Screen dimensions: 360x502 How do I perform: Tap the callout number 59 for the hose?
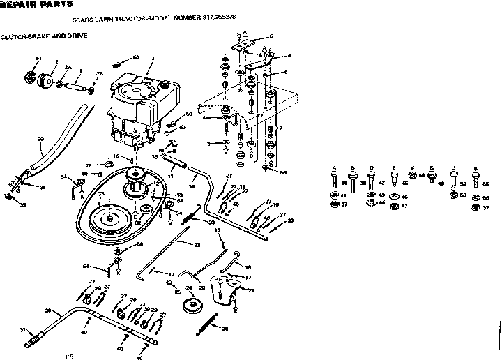(x=40, y=140)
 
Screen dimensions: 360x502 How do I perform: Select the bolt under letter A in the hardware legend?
(x=335, y=182)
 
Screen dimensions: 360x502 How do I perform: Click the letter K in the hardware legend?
(x=476, y=168)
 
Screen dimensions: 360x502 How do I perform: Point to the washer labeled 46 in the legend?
(x=395, y=197)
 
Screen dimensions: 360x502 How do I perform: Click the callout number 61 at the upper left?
(x=39, y=57)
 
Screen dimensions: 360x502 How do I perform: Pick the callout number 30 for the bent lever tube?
(x=47, y=310)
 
